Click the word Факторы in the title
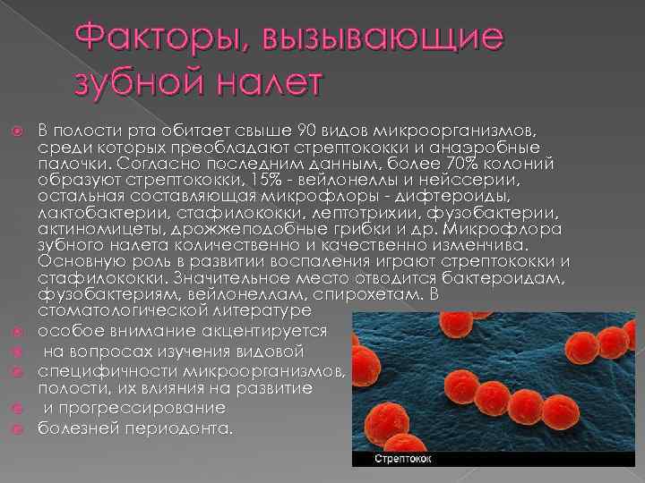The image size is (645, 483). click(142, 38)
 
